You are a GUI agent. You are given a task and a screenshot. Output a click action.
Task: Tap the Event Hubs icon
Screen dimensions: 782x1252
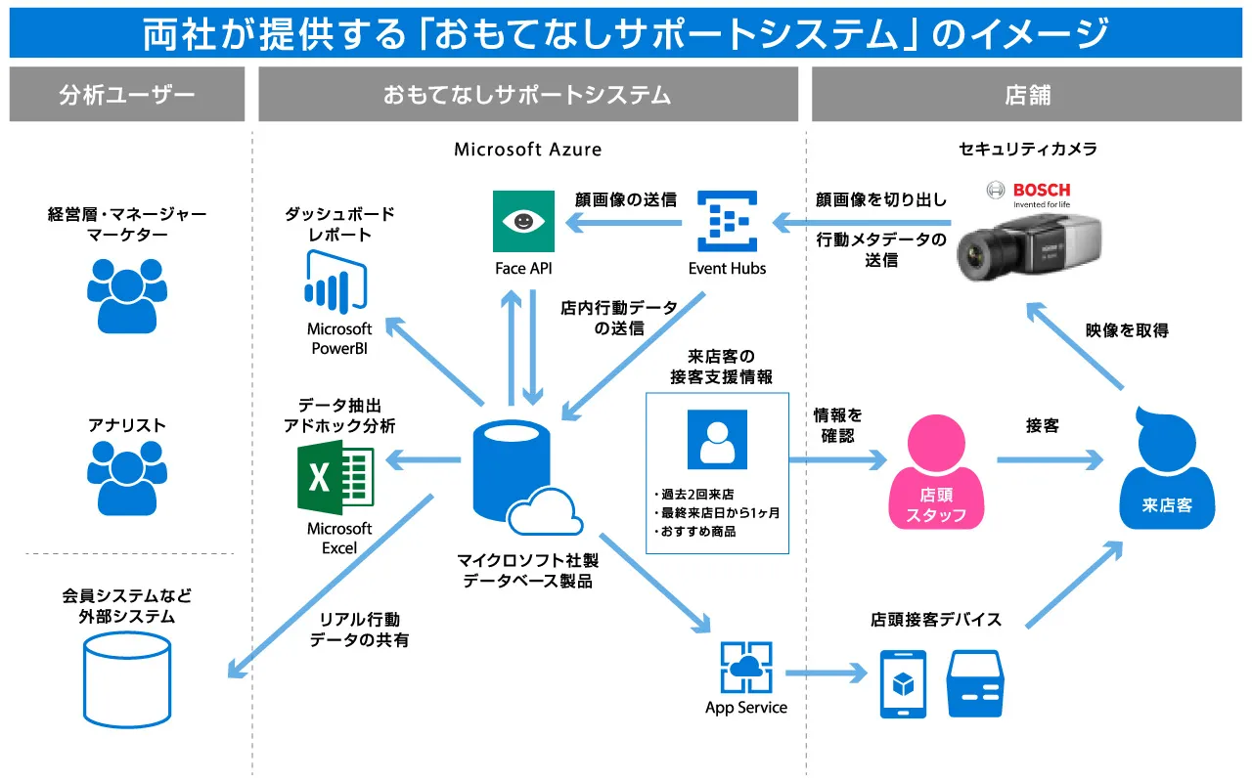point(728,222)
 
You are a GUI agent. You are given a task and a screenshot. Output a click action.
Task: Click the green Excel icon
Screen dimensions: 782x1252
point(335,477)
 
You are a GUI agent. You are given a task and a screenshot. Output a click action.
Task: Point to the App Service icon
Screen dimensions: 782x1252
point(745,668)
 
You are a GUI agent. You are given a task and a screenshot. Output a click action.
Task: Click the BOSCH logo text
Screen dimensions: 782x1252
point(1041,190)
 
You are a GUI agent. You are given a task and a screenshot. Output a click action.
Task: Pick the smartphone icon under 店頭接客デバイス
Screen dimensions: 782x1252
point(903,683)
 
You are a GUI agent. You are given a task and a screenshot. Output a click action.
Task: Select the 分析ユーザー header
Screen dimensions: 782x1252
point(127,95)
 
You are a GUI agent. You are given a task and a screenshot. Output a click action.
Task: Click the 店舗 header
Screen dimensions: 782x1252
point(1027,95)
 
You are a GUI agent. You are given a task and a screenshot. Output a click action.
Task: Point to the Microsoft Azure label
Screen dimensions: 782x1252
point(528,150)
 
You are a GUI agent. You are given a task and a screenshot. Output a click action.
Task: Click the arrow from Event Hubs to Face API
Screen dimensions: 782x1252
point(625,226)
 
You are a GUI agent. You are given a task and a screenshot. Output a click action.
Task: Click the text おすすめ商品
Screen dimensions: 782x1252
point(698,532)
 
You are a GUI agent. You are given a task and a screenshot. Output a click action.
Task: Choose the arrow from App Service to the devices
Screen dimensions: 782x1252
point(827,673)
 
